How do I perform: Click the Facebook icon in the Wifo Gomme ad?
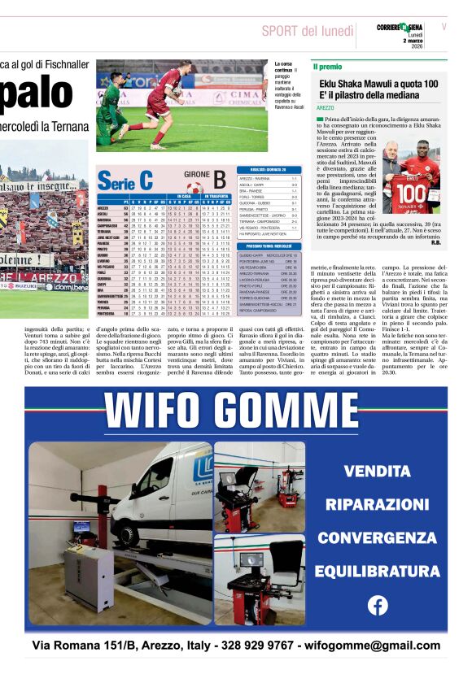pyautogui.click(x=378, y=605)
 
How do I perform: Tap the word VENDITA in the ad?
pyautogui.click(x=377, y=471)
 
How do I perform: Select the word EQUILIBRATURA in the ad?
pyautogui.click(x=377, y=570)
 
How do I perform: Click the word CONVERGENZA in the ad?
pyautogui.click(x=377, y=537)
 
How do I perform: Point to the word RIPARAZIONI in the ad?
pyautogui.click(x=377, y=504)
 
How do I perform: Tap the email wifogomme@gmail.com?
pyautogui.click(x=371, y=646)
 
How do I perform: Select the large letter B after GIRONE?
pyautogui.click(x=219, y=179)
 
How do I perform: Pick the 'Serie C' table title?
pyautogui.click(x=125, y=181)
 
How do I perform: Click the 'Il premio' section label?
pyautogui.click(x=328, y=66)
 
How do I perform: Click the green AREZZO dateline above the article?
pyautogui.click(x=326, y=107)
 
